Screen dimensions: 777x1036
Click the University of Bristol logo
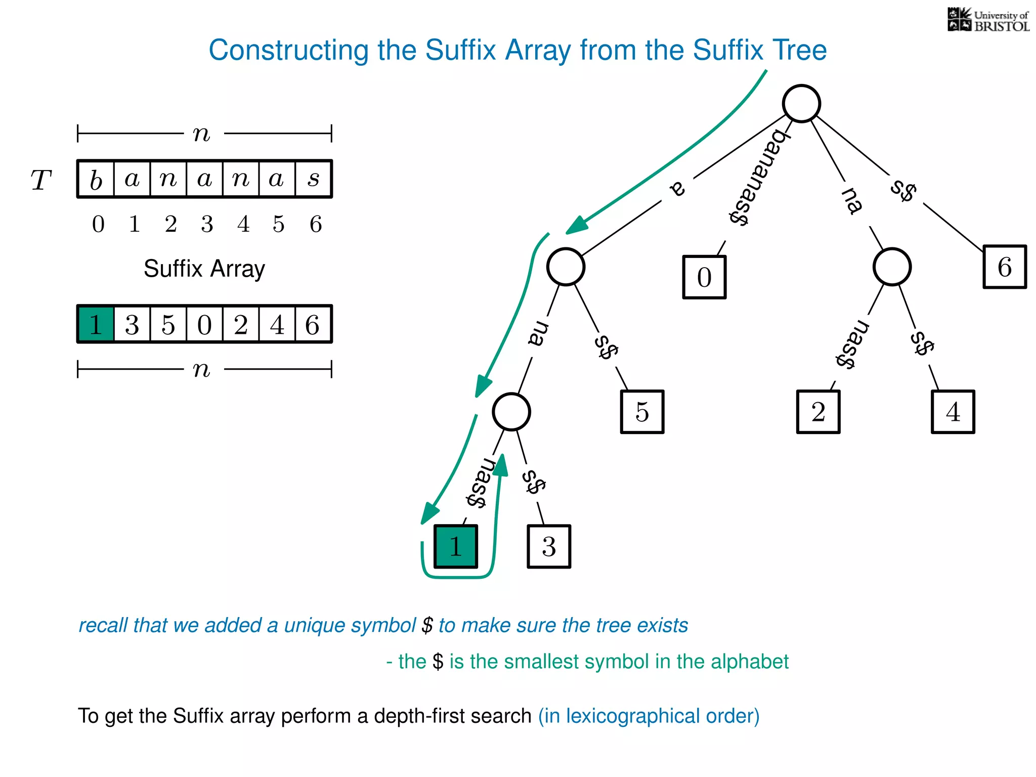click(988, 20)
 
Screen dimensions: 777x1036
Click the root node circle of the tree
click(801, 104)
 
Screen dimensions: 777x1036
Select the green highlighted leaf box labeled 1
click(455, 546)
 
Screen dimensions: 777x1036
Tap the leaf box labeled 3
click(549, 546)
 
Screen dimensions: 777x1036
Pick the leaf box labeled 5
click(642, 412)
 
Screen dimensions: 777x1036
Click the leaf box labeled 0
click(704, 277)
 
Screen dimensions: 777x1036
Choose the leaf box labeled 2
click(818, 412)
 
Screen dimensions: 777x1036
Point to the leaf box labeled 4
click(953, 412)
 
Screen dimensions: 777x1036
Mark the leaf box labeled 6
click(1004, 267)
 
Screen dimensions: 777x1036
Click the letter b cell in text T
click(96, 179)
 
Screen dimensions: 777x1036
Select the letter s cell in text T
click(314, 179)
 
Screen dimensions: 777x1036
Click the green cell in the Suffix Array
click(96, 324)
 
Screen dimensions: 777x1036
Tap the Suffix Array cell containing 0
click(204, 324)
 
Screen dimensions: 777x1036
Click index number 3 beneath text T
click(207, 224)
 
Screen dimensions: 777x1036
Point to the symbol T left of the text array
click(41, 180)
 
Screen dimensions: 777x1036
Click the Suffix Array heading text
click(204, 269)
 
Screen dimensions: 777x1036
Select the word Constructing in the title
click(288, 51)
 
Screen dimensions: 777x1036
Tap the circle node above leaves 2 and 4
click(892, 267)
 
